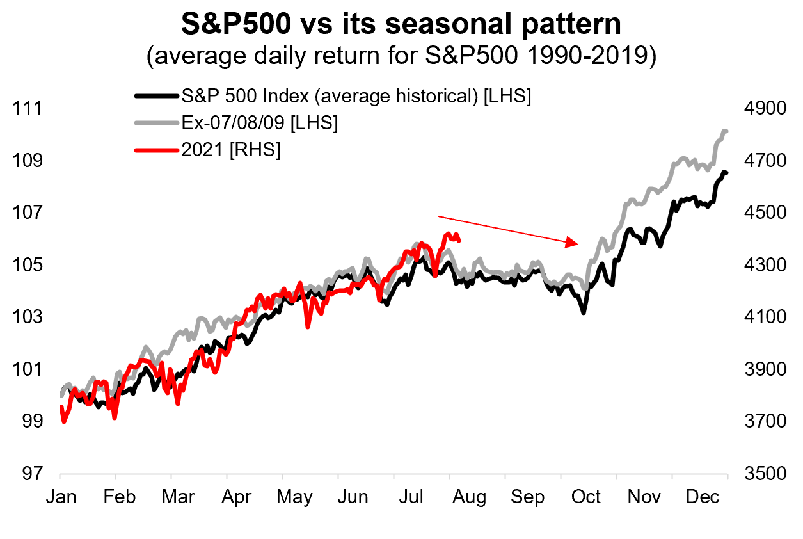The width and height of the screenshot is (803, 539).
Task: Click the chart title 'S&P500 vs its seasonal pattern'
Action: (401, 24)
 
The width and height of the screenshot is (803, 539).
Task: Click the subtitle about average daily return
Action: (401, 56)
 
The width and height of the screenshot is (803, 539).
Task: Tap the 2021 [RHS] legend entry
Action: (231, 150)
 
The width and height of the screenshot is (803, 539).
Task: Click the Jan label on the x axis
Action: (60, 497)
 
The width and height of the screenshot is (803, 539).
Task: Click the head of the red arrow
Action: (577, 243)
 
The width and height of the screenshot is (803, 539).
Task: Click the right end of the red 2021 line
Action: (460, 240)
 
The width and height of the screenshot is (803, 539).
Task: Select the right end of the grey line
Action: (726, 131)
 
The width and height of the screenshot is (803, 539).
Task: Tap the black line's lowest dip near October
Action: (584, 312)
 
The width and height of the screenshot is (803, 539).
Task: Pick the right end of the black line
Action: (726, 173)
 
